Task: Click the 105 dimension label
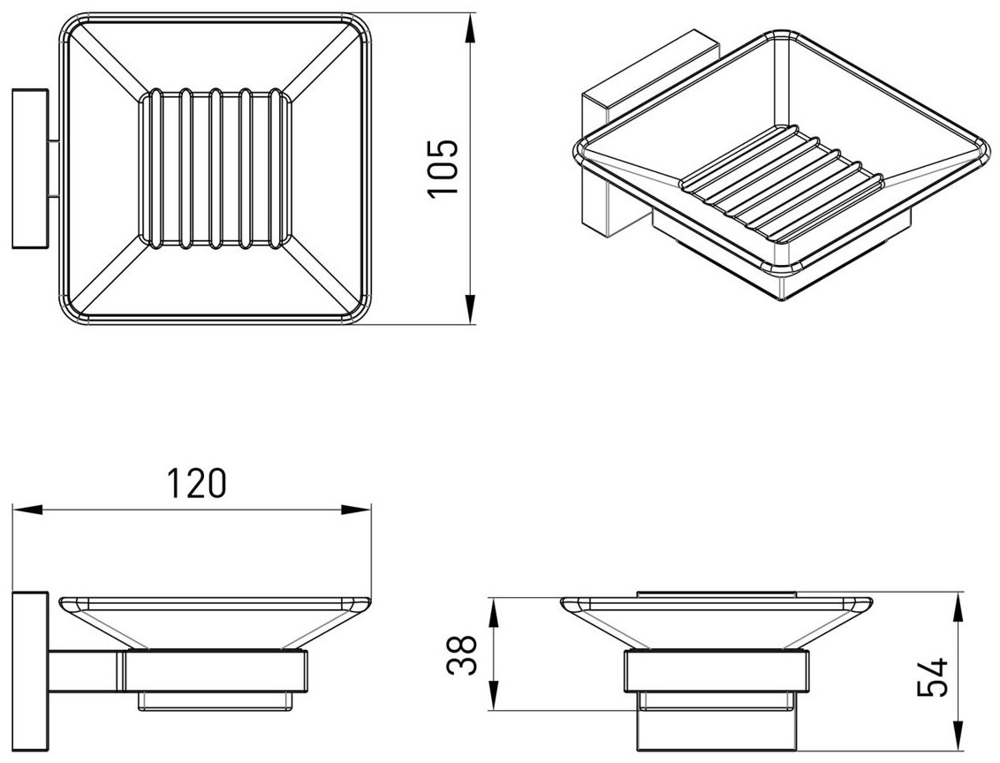[x=443, y=168]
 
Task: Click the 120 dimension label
[x=196, y=482]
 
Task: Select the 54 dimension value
[x=932, y=677]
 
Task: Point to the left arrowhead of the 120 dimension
[x=27, y=510]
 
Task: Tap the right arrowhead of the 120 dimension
[x=356, y=510]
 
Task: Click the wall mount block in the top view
[x=30, y=168]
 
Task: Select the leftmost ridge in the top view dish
[x=153, y=168]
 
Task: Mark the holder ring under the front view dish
[x=716, y=671]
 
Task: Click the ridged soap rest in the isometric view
[x=784, y=183]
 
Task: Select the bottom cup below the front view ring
[x=716, y=721]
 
